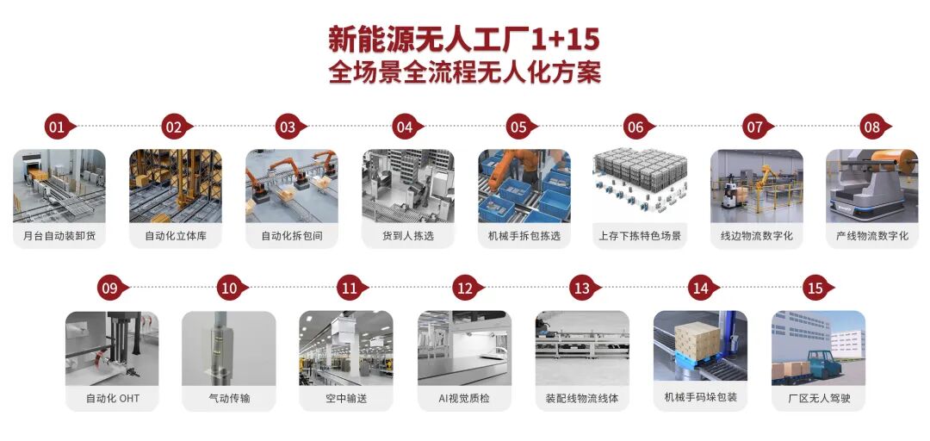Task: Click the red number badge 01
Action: coord(57,127)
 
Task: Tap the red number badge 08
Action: coord(872,127)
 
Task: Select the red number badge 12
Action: coord(464,289)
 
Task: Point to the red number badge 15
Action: coord(815,289)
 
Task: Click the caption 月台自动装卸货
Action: coord(59,235)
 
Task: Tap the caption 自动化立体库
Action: coord(175,235)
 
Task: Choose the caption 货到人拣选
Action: coord(406,235)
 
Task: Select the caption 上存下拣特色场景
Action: coord(640,235)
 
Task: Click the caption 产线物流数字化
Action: coord(871,235)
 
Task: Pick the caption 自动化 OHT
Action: coord(112,398)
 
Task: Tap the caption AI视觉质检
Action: coord(464,398)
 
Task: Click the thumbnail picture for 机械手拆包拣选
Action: coord(524,186)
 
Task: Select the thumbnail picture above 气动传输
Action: coord(229,348)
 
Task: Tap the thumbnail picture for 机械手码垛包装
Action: coord(700,348)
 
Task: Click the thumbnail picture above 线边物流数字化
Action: coord(756,186)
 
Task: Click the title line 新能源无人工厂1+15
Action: coord(464,39)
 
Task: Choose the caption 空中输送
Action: coord(346,398)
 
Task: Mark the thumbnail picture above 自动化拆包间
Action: coord(291,186)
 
